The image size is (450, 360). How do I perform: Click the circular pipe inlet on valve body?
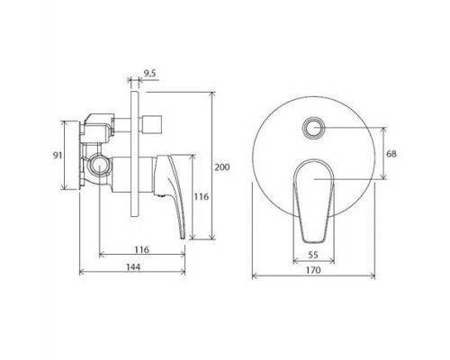click(x=101, y=166)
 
